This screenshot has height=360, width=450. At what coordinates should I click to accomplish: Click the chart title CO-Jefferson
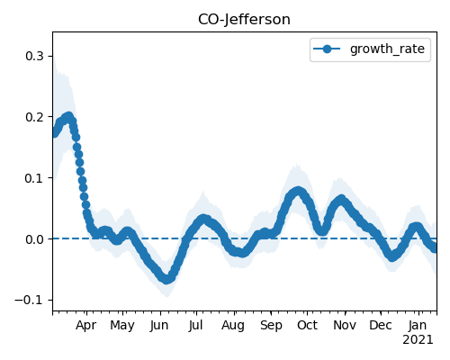[x=244, y=20]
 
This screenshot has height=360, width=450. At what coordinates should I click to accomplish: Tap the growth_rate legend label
[x=387, y=49]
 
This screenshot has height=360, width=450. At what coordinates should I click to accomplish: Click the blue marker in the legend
[x=328, y=49]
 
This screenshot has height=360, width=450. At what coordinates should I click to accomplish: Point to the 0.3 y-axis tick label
[x=34, y=56]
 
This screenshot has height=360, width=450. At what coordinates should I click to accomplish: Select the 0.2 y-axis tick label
[x=34, y=117]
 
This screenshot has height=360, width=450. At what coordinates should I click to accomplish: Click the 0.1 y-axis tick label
[x=34, y=178]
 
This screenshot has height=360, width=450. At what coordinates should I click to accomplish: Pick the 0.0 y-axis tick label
[x=34, y=239]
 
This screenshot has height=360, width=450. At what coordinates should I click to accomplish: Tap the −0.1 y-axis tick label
[x=29, y=301]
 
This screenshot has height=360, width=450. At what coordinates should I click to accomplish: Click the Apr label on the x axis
[x=86, y=326]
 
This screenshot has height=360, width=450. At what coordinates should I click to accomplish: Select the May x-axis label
[x=122, y=326]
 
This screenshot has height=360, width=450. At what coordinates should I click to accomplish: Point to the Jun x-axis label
[x=159, y=326]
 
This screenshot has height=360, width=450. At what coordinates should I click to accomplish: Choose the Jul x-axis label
[x=195, y=326]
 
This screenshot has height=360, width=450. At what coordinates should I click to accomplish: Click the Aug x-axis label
[x=233, y=326]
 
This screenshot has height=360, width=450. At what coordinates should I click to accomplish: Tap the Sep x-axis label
[x=271, y=326]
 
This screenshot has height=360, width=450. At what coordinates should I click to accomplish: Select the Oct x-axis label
[x=307, y=326]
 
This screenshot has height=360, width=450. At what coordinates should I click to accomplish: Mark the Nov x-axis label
[x=345, y=326]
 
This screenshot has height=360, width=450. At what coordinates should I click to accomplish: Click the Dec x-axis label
[x=381, y=326]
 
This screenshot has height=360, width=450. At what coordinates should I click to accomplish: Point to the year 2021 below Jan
[x=418, y=340]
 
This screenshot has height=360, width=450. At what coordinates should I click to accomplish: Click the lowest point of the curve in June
[x=166, y=280]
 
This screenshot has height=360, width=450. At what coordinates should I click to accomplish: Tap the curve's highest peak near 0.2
[x=69, y=116]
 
